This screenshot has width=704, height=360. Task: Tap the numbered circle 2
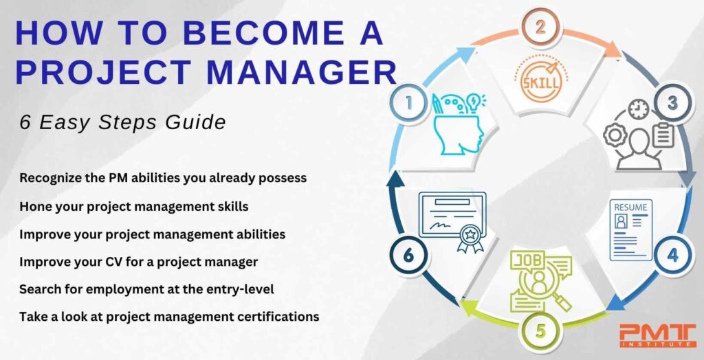coord(540,28)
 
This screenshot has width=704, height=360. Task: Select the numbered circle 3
coord(672,104)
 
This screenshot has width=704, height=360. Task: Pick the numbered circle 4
coord(672,256)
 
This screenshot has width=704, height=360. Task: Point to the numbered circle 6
coord(409,255)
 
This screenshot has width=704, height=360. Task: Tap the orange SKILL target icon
coord(541,80)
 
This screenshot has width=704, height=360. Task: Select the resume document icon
coord(630,229)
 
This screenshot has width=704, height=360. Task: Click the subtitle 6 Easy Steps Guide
coord(123,123)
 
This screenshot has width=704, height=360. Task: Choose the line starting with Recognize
coord(163,177)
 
